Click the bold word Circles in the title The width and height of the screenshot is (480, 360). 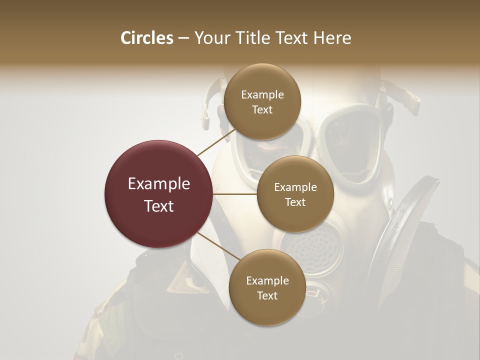click(146, 38)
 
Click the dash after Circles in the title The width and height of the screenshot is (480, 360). click(183, 38)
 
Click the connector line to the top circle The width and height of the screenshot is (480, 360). click(216, 142)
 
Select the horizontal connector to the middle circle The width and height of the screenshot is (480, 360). click(235, 194)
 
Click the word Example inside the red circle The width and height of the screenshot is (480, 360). click(158, 184)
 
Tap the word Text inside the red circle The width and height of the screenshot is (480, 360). click(158, 206)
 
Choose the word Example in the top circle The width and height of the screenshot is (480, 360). click(262, 95)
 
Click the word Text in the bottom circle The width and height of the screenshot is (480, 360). click(267, 295)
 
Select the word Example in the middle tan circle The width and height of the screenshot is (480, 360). click(295, 187)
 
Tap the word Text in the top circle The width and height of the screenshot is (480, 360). click(262, 110)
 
